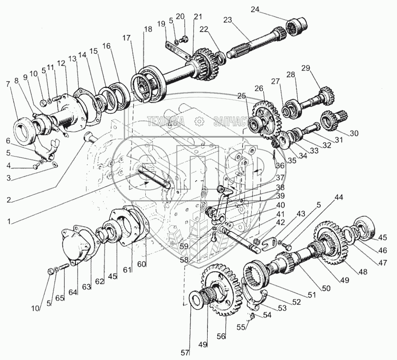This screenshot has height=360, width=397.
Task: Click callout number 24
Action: pyautogui.click(x=255, y=9)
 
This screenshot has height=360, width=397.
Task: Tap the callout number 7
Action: pyautogui.click(x=8, y=84)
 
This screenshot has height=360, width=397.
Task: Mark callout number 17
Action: pyautogui.click(x=126, y=38)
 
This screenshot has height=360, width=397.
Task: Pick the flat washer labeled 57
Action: pyautogui.click(x=198, y=299)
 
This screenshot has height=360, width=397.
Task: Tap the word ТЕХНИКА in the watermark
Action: pyautogui.click(x=166, y=120)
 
